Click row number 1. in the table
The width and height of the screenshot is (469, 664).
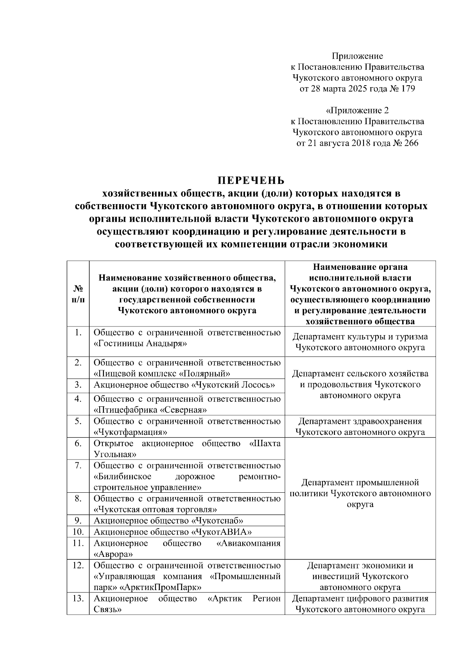(78, 332)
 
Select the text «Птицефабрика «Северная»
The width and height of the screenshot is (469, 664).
(150, 410)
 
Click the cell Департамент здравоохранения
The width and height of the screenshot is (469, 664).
(360, 422)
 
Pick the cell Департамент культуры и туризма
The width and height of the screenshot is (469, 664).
(360, 337)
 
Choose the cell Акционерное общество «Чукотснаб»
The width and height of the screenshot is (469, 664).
(169, 520)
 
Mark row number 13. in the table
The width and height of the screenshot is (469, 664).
(78, 598)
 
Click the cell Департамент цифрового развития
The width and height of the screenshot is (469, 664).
(360, 599)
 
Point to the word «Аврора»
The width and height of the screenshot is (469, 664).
(113, 554)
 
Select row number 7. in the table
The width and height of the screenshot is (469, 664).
(78, 465)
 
